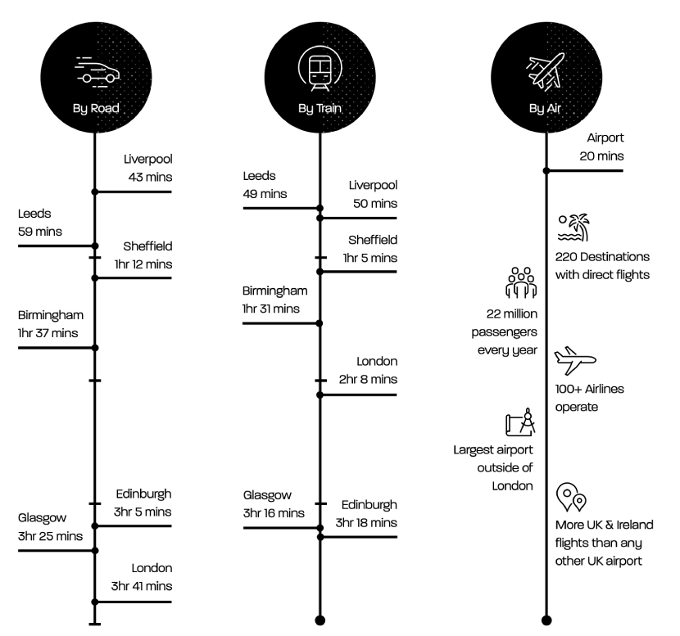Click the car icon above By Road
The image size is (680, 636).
[x=97, y=71]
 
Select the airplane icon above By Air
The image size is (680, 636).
[x=546, y=71]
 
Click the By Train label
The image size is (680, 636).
[x=320, y=108]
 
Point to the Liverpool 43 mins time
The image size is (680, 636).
[x=148, y=168]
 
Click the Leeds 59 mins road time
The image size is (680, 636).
[x=40, y=223]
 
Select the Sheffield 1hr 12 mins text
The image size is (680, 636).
[x=143, y=255]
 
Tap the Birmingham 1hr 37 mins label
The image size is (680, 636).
[x=51, y=324]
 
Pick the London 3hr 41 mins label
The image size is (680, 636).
[x=142, y=577]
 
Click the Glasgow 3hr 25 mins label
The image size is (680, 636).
[x=50, y=527]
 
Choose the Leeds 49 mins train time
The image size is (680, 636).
[x=265, y=185]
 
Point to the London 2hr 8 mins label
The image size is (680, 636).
[x=368, y=371]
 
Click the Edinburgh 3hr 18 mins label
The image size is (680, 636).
[x=366, y=514]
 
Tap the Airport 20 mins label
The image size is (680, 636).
[x=602, y=147]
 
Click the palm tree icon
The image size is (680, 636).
[x=573, y=228]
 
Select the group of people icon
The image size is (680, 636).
[x=521, y=283]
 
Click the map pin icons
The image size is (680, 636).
[x=571, y=498]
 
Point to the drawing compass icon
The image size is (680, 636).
[x=520, y=422]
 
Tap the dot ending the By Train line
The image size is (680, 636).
[x=320, y=620]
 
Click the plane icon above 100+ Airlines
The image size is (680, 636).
[x=575, y=360]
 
